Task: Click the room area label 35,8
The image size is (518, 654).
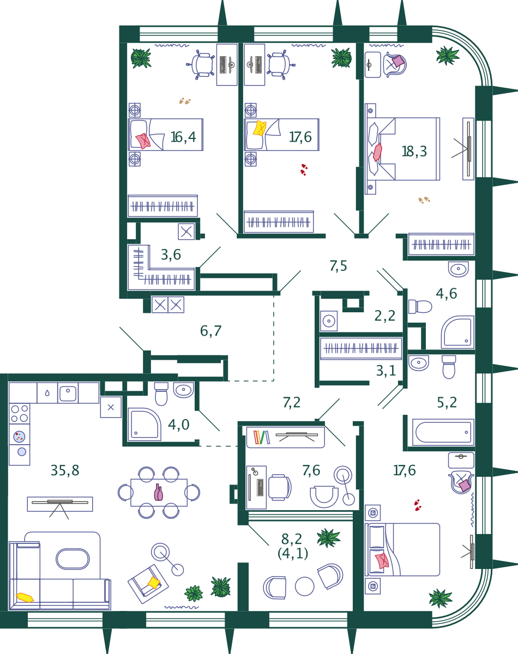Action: tap(65, 470)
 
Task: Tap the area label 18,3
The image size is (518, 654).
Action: tap(414, 152)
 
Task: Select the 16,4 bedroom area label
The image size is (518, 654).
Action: tap(183, 137)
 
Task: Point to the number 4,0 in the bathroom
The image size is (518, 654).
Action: tap(179, 425)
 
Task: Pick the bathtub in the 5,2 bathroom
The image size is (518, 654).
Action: tap(443, 432)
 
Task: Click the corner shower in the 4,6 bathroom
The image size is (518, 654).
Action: tap(457, 332)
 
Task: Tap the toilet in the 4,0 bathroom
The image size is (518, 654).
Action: tap(161, 394)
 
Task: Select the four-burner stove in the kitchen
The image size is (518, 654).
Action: tap(20, 414)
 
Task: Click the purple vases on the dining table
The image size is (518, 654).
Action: tap(159, 492)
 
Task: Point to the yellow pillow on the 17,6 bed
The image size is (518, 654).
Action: tap(260, 128)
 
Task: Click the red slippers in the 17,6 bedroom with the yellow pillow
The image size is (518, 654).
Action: tap(304, 170)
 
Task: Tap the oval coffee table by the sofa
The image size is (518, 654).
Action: tap(73, 559)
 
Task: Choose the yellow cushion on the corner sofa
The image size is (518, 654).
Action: tap(25, 597)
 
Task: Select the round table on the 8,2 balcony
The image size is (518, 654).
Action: tap(304, 586)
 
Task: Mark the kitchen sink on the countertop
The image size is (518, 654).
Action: tap(68, 393)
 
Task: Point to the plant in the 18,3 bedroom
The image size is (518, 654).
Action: tap(448, 56)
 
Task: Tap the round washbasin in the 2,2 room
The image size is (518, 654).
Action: tap(328, 320)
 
